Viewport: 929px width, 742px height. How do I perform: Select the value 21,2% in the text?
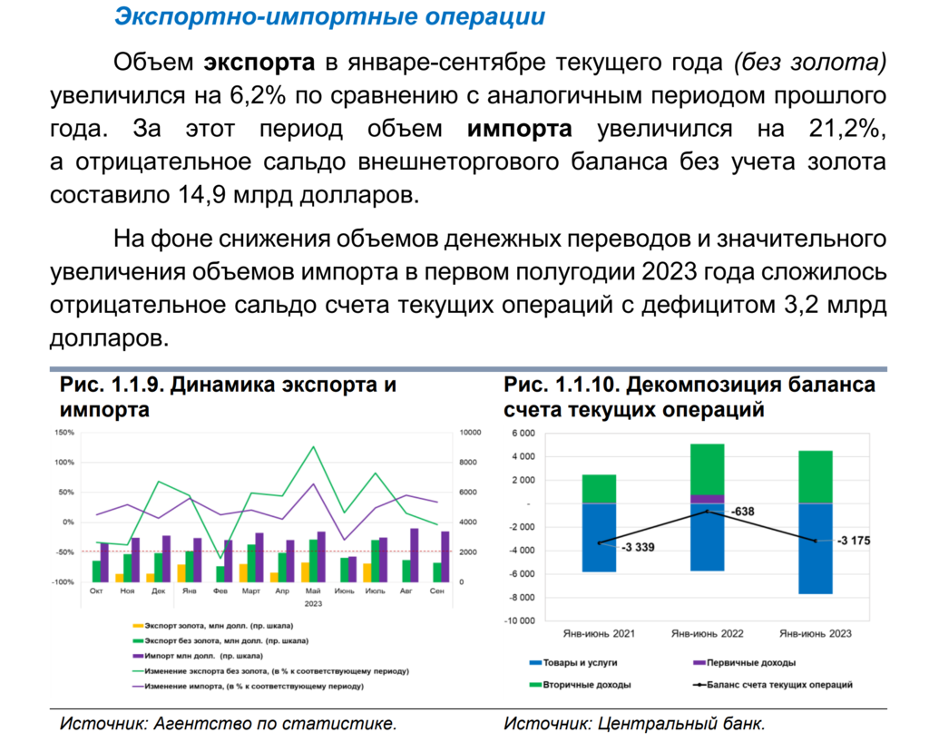845,128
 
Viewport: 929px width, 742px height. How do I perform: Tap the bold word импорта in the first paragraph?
519,128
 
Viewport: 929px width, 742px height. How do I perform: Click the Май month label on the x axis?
313,591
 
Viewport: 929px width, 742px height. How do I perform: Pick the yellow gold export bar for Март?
243,572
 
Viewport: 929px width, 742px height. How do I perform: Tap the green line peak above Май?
314,447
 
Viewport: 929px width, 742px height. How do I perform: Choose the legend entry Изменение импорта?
245,687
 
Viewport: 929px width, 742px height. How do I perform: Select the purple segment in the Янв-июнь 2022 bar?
708,499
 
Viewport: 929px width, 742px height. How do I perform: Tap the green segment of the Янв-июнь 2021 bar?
599,489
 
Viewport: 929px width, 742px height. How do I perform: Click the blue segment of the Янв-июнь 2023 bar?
816,548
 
